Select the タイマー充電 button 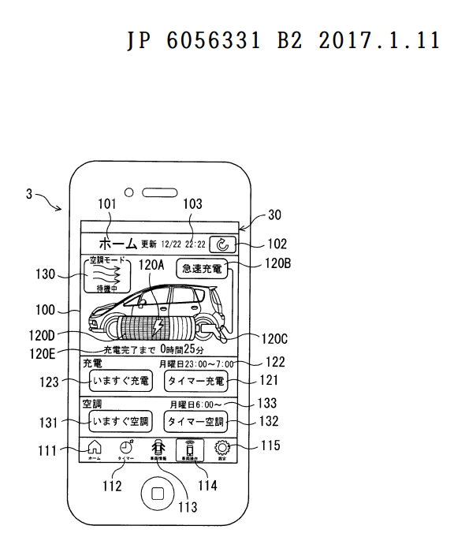(195, 382)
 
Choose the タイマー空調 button (195, 421)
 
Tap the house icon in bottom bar (94, 449)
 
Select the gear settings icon (222, 449)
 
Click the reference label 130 (45, 274)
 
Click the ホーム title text (113, 243)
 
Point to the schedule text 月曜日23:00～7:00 (196, 364)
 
